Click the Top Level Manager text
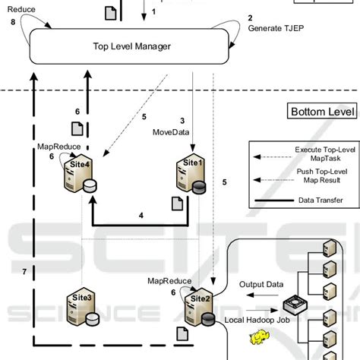(x=131, y=46)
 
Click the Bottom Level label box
(x=322, y=112)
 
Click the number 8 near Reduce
(x=13, y=23)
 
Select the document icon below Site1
(x=176, y=204)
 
